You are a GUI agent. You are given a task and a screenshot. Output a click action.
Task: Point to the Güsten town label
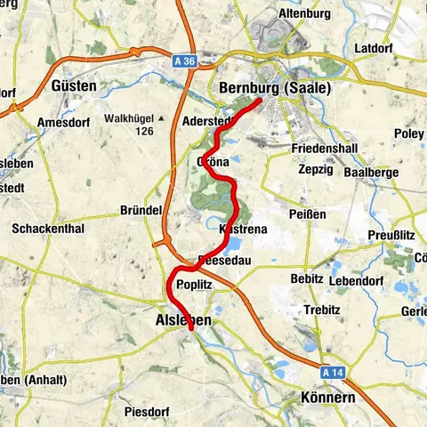tap(74, 86)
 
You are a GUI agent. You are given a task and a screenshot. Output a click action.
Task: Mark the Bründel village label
tap(140, 211)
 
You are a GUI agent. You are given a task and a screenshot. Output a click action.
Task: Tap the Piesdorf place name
tap(143, 412)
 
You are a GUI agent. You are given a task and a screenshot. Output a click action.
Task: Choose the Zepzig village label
tap(316, 167)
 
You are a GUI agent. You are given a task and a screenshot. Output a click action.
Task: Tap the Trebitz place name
tap(321, 310)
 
